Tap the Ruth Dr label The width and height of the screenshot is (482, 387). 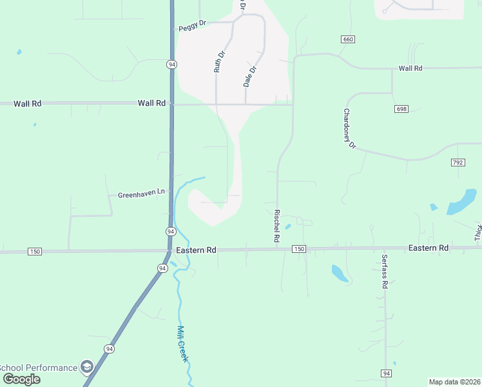219,62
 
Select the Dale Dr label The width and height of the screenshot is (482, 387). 250,77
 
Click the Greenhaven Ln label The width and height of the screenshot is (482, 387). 141,193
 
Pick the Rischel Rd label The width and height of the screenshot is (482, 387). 276,226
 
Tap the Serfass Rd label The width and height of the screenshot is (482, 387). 384,271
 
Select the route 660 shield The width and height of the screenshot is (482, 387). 348,39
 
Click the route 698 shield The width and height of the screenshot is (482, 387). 401,109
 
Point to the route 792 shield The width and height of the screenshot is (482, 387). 458,163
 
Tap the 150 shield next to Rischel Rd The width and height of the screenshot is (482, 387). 298,249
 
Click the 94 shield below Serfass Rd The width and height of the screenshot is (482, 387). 385,373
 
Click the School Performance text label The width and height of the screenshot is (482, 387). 39,368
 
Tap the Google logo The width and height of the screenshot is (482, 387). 21,379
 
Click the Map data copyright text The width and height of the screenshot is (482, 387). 454,382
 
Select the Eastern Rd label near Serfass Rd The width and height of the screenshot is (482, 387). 429,248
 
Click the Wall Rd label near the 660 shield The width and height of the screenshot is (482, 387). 410,68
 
